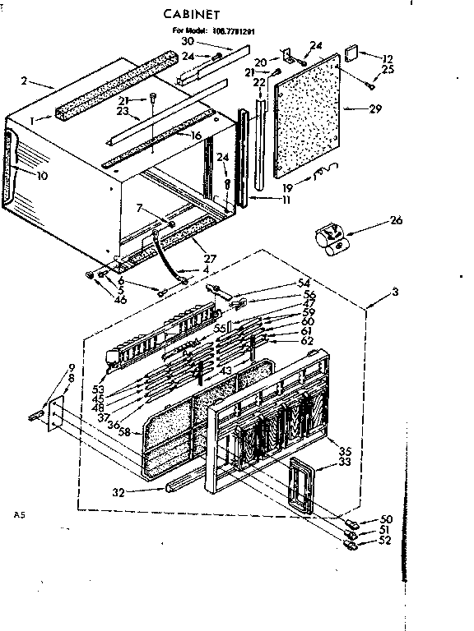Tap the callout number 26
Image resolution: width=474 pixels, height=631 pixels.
click(x=397, y=219)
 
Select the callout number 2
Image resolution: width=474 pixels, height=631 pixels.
click(x=26, y=81)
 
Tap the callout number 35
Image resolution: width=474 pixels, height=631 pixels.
click(x=345, y=450)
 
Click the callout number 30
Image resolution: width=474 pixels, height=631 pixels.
click(x=188, y=41)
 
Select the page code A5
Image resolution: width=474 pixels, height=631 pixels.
click(x=21, y=515)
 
